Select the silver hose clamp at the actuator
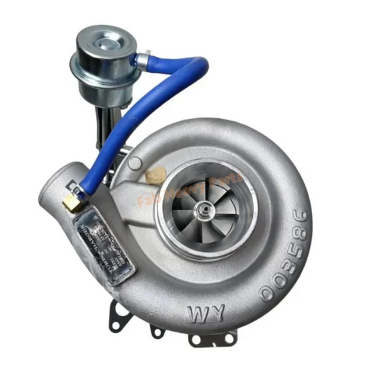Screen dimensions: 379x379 coord(142,60)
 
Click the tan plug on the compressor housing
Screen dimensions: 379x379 coord(157,175)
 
